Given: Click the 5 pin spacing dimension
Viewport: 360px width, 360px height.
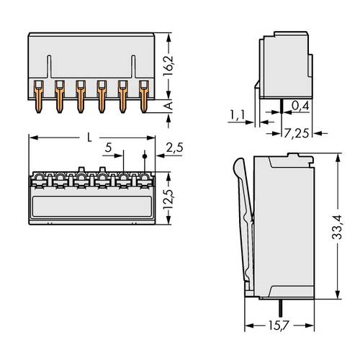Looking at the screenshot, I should [x=109, y=148].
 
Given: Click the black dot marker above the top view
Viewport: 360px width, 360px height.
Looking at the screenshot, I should [x=145, y=156].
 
